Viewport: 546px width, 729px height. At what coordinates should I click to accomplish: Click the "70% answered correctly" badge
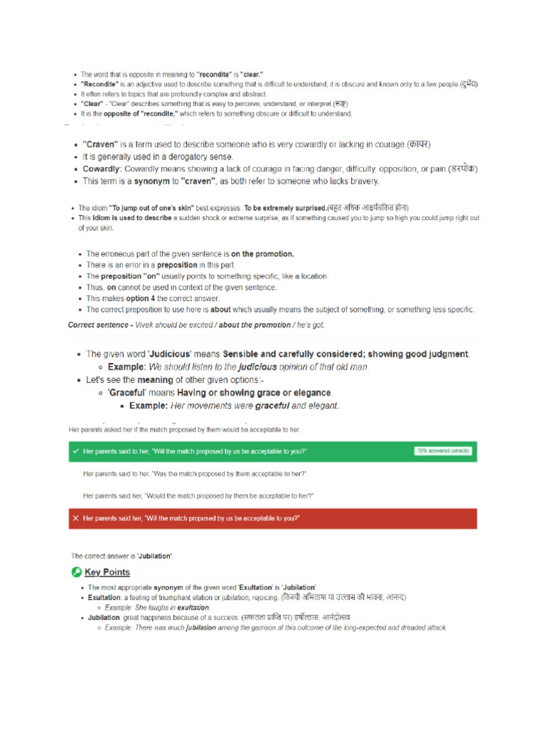coord(443,451)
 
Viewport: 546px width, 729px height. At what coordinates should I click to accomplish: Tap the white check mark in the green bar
coord(75,451)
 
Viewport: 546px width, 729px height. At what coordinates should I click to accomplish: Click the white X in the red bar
coord(75,518)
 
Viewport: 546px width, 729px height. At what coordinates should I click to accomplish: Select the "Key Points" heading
coord(107,572)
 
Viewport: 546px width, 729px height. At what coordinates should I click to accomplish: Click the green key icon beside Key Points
coord(76,572)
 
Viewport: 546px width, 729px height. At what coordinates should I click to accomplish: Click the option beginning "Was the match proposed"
coord(195,473)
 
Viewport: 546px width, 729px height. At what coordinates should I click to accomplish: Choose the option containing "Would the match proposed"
coord(198,495)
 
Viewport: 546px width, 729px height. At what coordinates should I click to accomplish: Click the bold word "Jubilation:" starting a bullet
coord(104,617)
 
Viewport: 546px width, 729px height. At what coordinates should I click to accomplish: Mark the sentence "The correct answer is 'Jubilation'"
coord(122,555)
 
